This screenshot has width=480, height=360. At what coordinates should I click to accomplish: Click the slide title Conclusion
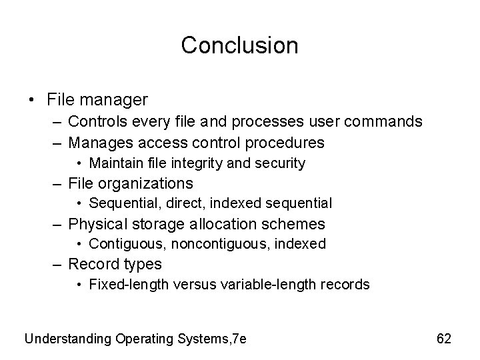coord(239,45)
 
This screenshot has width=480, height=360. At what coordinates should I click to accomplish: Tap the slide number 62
coord(444,339)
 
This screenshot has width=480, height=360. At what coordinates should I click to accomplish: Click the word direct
coord(175,203)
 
